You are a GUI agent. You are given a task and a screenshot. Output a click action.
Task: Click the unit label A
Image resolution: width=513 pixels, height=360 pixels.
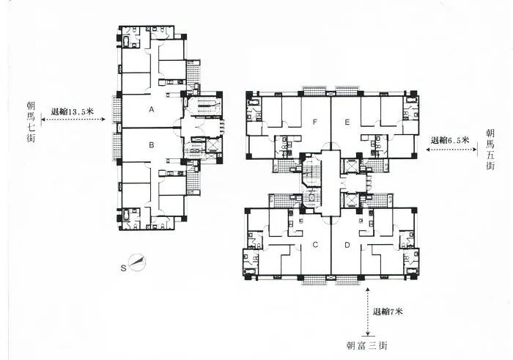(x=151, y=109)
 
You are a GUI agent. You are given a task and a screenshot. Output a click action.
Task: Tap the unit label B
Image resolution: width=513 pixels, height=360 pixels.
(x=151, y=144)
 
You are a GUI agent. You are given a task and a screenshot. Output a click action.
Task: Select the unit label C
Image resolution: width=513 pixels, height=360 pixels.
(x=315, y=244)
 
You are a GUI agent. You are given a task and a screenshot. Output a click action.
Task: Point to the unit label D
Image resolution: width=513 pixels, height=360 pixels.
(x=347, y=245)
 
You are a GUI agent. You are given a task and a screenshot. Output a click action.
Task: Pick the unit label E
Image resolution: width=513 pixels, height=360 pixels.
(x=347, y=122)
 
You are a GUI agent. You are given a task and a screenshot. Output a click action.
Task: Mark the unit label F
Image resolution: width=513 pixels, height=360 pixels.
(x=314, y=122)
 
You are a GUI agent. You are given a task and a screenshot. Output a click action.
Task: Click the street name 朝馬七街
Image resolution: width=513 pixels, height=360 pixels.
(x=31, y=122)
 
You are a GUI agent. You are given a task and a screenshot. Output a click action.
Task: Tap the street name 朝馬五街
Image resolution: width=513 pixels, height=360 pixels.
(x=490, y=150)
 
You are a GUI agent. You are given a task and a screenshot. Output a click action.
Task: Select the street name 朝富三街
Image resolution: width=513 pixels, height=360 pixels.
(x=367, y=345)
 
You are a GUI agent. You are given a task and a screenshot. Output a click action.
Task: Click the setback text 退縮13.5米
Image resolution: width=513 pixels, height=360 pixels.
(x=73, y=111)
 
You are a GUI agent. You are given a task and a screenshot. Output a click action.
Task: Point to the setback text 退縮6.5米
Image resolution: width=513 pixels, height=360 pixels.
(x=450, y=140)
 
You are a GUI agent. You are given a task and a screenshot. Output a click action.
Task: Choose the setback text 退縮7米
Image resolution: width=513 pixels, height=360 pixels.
(x=388, y=312)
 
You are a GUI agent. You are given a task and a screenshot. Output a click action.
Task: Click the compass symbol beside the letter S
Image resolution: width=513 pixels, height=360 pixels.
(x=137, y=262)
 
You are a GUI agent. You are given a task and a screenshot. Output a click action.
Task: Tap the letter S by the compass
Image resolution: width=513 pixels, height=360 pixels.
(x=123, y=268)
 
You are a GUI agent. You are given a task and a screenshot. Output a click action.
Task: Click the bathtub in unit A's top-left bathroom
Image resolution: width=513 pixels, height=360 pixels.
(x=126, y=42)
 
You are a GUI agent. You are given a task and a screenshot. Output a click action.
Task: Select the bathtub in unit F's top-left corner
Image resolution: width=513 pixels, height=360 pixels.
(x=254, y=102)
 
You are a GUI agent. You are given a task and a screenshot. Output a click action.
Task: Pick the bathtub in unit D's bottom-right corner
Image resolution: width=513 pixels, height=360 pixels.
(x=412, y=271)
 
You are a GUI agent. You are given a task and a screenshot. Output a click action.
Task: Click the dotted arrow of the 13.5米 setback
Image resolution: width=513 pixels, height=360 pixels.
(x=73, y=119)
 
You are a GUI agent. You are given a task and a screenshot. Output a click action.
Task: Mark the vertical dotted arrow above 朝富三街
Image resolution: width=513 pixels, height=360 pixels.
(x=368, y=312)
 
